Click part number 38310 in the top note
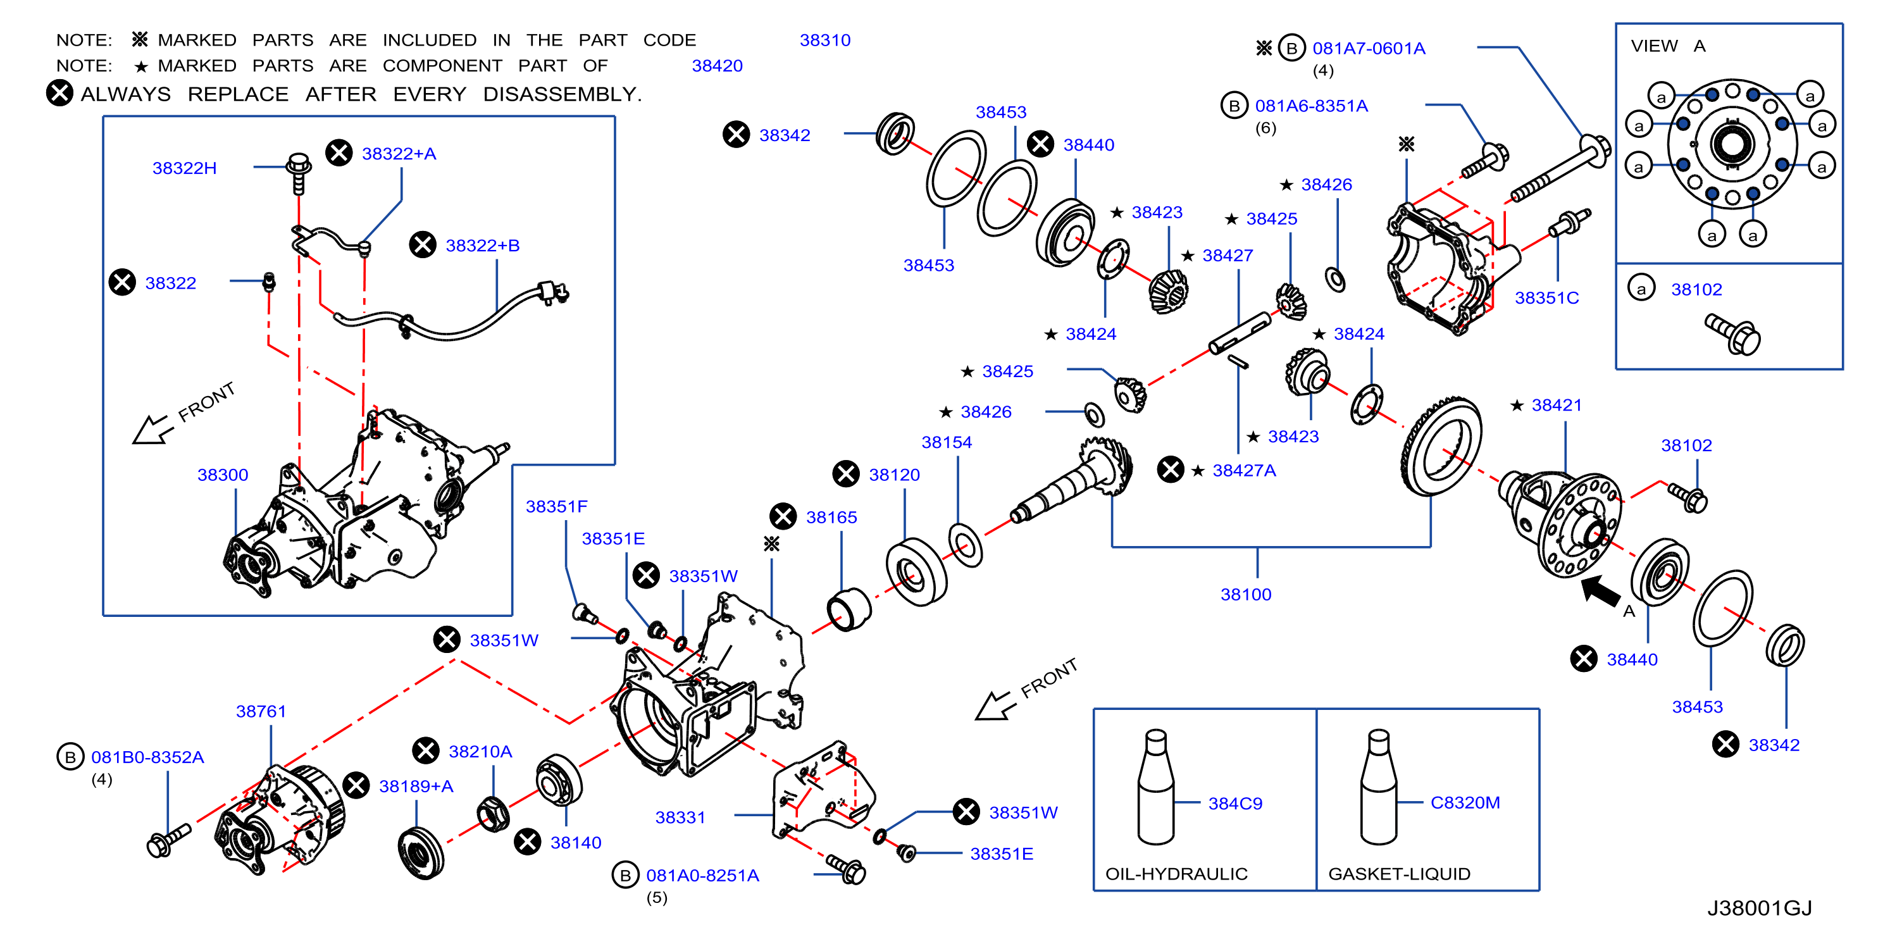click(x=824, y=40)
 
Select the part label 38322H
click(x=184, y=168)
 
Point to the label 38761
click(x=261, y=711)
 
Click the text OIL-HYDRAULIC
click(x=1176, y=874)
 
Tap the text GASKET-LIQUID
click(x=1399, y=874)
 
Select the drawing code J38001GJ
click(x=1760, y=908)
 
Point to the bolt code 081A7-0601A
click(x=1369, y=49)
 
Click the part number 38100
click(x=1246, y=594)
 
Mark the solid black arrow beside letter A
click(x=1600, y=590)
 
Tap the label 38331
click(x=680, y=818)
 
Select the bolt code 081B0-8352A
click(x=147, y=757)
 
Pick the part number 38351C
click(x=1546, y=298)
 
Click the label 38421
click(x=1556, y=405)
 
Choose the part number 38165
click(x=831, y=517)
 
